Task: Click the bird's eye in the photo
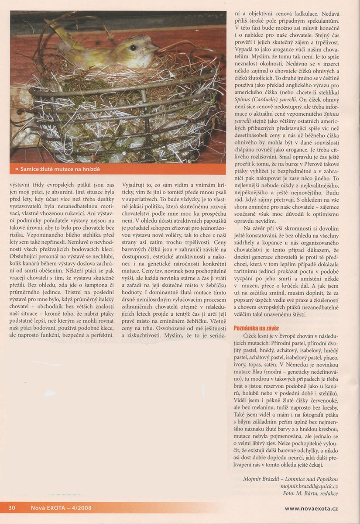[133, 48]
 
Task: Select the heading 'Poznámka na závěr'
[256, 327]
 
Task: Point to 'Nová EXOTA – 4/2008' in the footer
[61, 507]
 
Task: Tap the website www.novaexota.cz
[311, 508]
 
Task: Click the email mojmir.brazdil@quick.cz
[309, 486]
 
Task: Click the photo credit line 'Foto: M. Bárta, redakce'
[310, 493]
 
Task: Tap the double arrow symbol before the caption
[17, 169]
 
